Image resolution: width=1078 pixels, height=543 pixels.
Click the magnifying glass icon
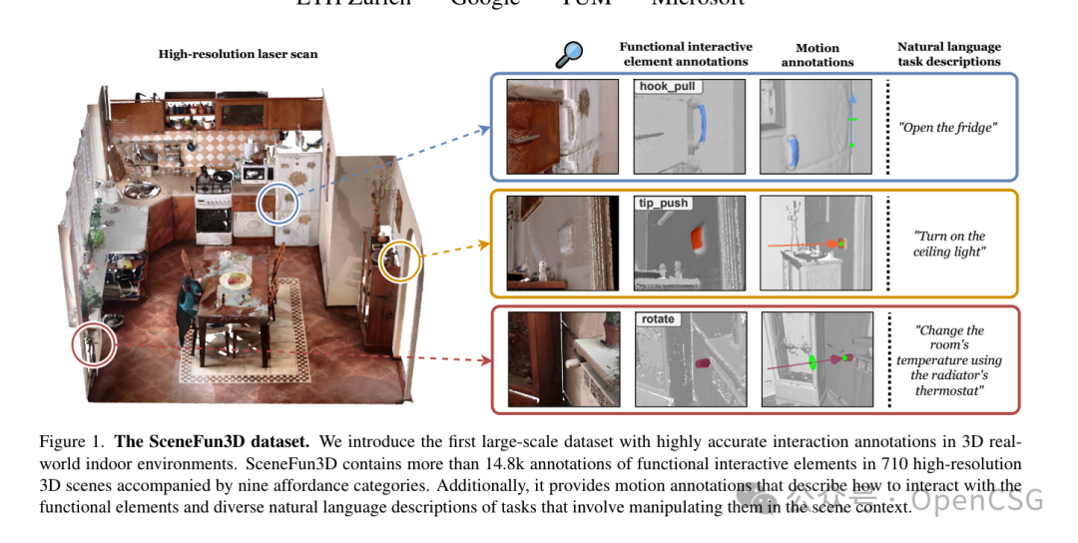pos(569,55)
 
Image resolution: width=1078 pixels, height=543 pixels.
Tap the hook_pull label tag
pos(668,87)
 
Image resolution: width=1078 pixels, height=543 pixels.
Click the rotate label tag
pos(658,319)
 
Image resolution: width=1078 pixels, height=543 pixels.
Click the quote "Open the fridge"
pos(948,127)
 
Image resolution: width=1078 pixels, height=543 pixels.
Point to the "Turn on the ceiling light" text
pos(949,244)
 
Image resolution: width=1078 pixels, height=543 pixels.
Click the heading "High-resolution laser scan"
pos(238,54)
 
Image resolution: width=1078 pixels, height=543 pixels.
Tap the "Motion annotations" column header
pos(817,55)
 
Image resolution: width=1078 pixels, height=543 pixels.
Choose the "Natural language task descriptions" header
pos(948,54)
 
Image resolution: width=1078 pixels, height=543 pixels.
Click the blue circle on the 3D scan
pos(277,205)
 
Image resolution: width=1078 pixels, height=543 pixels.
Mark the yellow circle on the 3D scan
pos(401,262)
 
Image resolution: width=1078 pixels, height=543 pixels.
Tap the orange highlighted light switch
pos(696,237)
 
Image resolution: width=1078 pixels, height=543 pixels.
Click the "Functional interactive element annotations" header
pos(686,54)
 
